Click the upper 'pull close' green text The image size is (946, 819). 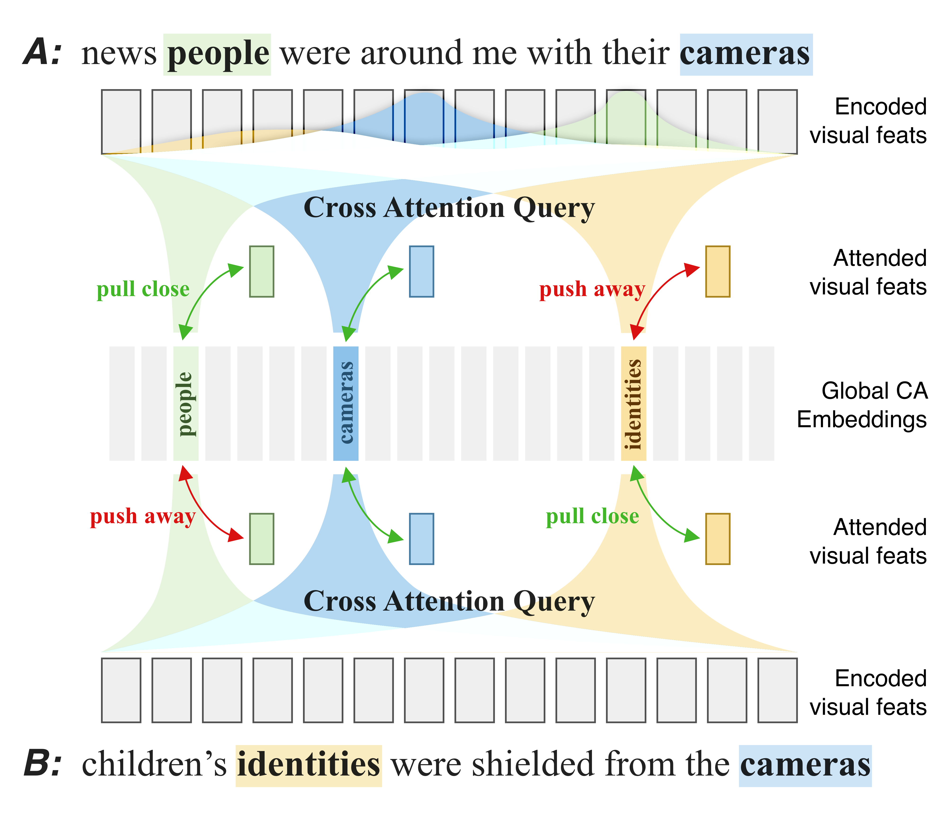click(x=143, y=289)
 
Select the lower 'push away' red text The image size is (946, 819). click(x=143, y=517)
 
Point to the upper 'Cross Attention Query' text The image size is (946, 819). click(x=449, y=208)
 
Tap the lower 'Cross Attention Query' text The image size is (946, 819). click(x=449, y=601)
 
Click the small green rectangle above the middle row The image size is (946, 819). click(x=262, y=272)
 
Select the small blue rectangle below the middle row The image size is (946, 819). click(x=421, y=539)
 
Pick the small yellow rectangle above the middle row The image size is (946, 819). click(x=718, y=272)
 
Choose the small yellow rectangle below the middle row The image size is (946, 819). click(x=718, y=539)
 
